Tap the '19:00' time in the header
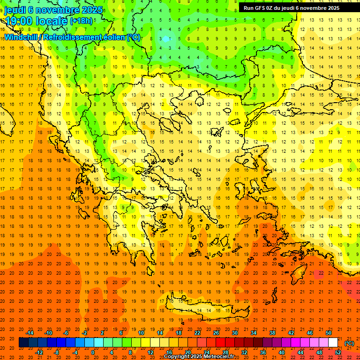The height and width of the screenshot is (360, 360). pyautogui.click(x=17, y=21)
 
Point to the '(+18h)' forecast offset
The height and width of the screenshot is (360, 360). pyautogui.click(x=82, y=21)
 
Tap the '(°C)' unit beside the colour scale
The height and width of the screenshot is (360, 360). pyautogui.click(x=349, y=343)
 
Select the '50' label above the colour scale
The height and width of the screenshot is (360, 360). pyautogui.click(x=329, y=333)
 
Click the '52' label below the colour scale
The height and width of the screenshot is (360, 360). pyautogui.click(x=338, y=352)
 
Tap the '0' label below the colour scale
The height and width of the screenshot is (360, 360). pyautogui.click(x=93, y=352)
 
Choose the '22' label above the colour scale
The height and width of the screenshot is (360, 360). pyautogui.click(x=197, y=333)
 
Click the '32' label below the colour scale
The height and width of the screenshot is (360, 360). pyautogui.click(x=244, y=352)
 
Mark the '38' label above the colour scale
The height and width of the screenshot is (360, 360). pyautogui.click(x=272, y=333)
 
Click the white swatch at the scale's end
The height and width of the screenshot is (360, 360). pyautogui.click(x=333, y=343)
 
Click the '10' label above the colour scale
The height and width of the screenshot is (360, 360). pyautogui.click(x=141, y=333)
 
